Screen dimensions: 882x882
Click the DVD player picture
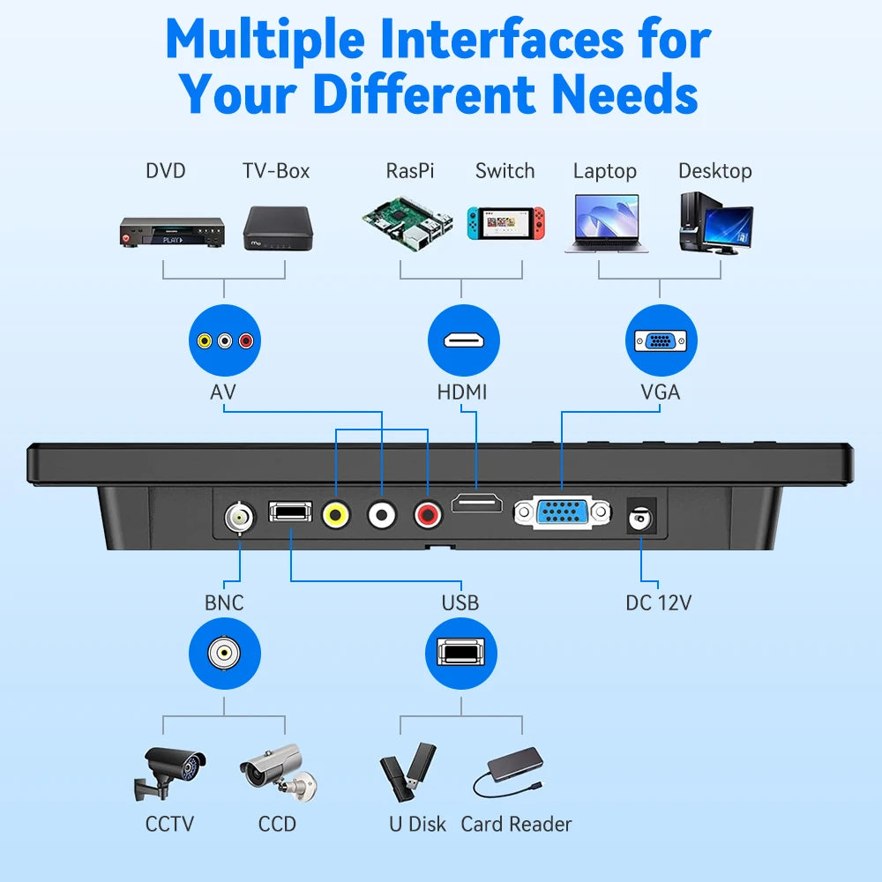click(170, 232)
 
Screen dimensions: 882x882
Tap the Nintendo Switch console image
click(505, 226)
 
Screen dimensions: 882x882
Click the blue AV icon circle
click(224, 340)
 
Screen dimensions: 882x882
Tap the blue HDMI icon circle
click(463, 340)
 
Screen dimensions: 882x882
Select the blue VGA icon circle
click(661, 340)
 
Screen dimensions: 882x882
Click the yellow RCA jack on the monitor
click(336, 513)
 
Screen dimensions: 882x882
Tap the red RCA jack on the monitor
click(429, 513)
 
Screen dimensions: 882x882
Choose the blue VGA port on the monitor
click(562, 512)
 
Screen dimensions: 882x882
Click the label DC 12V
click(658, 603)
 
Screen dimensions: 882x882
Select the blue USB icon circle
click(460, 654)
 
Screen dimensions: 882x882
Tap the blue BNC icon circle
click(224, 654)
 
